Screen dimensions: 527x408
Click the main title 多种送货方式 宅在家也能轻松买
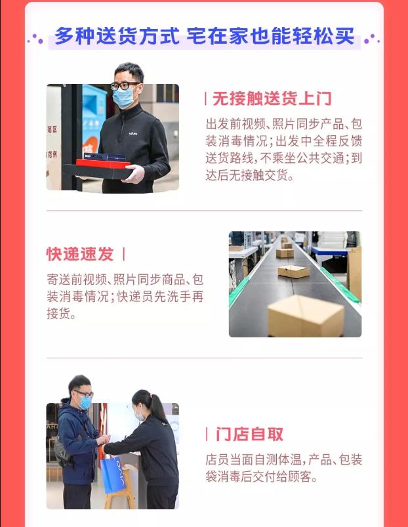click(x=204, y=35)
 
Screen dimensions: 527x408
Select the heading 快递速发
click(x=79, y=254)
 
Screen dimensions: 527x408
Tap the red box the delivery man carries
click(x=103, y=162)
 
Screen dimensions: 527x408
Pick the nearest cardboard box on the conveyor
click(x=305, y=314)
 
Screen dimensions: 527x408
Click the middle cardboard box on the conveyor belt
click(x=293, y=270)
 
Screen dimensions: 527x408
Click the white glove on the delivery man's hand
click(x=134, y=174)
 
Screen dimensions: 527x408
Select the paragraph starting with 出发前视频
click(x=283, y=150)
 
